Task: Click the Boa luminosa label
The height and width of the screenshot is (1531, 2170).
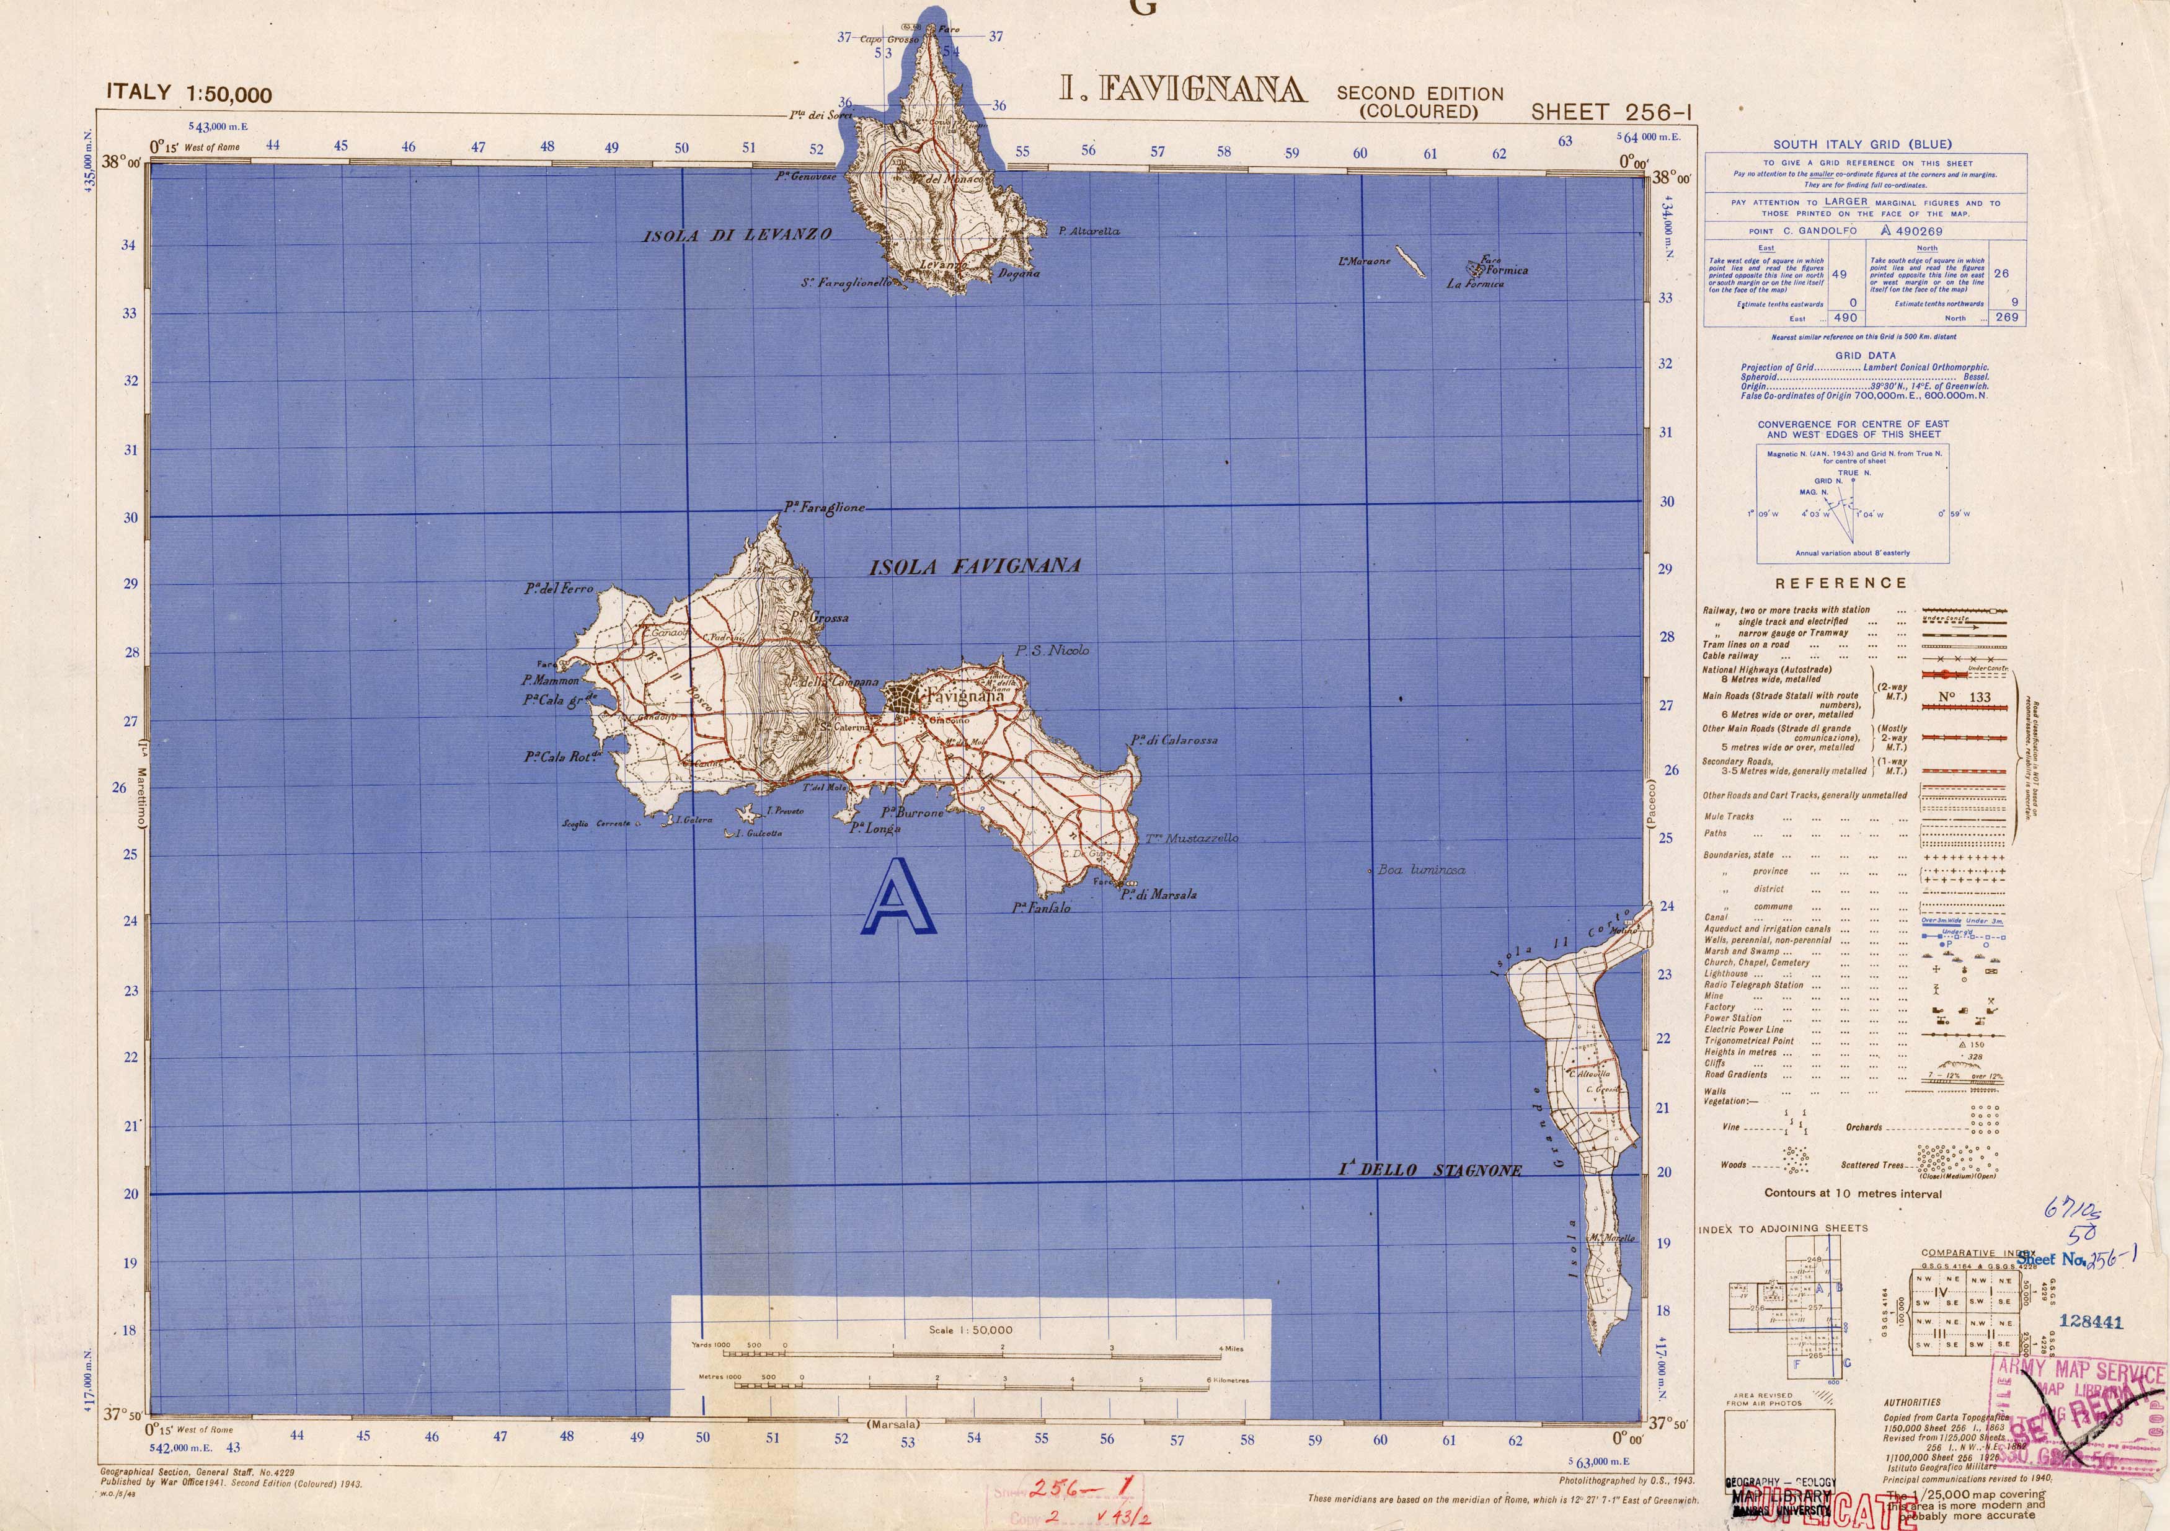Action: click(x=1420, y=870)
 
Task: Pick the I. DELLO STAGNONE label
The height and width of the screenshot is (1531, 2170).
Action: click(x=1429, y=1170)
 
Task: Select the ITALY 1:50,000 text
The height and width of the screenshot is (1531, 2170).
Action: click(x=189, y=92)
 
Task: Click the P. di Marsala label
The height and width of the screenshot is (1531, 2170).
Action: click(x=1159, y=894)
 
